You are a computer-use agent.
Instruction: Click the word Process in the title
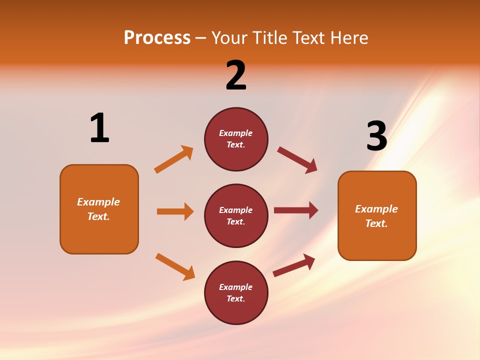point(157,38)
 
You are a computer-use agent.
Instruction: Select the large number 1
point(99,128)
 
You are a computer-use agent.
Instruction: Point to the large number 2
point(236,75)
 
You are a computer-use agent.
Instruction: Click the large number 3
point(377,136)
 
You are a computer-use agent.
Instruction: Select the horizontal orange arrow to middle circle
point(175,211)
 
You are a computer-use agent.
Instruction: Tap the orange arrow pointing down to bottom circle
point(175,266)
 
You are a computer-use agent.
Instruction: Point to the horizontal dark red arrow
point(296,210)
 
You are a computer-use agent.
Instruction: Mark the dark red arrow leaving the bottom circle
point(294,265)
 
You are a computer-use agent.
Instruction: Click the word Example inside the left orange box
point(98,202)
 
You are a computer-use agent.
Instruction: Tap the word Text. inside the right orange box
point(376,223)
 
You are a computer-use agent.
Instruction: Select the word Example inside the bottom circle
point(236,287)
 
